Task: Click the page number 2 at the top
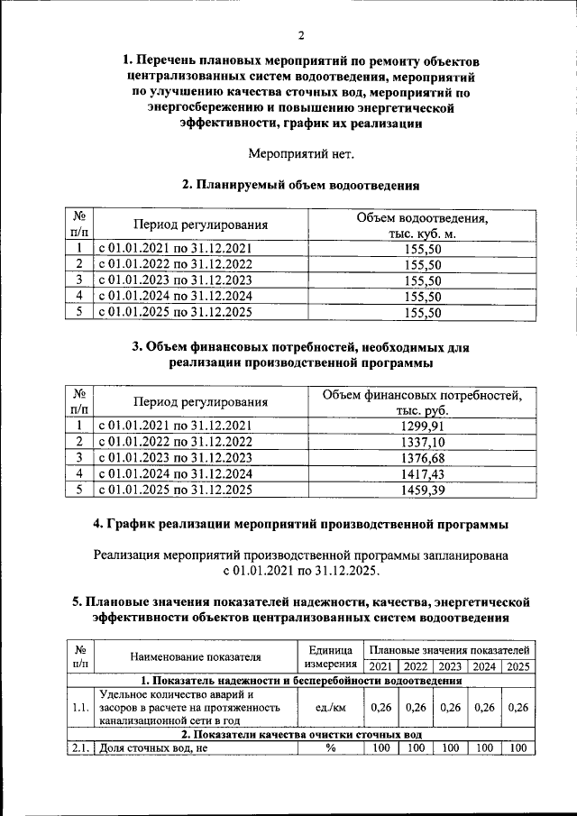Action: point(301,35)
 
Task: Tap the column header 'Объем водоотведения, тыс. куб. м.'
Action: point(422,225)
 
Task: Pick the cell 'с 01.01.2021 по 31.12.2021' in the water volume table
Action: point(175,248)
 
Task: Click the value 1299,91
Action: point(422,426)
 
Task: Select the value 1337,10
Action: point(422,442)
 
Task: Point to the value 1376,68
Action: point(422,458)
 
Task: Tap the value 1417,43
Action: point(422,474)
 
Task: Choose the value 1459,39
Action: point(422,491)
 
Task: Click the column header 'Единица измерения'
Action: point(329,657)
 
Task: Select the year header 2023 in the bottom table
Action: point(449,666)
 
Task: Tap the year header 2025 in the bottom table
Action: point(517,666)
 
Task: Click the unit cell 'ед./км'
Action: point(329,708)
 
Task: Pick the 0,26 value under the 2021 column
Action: point(380,708)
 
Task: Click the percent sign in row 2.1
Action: point(329,748)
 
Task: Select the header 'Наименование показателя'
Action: point(195,657)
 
